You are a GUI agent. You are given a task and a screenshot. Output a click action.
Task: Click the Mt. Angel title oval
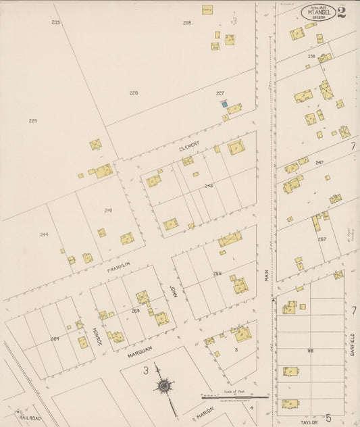318,12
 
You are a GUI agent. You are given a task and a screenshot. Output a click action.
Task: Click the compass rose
163,386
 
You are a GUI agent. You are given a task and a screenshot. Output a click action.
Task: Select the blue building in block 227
224,104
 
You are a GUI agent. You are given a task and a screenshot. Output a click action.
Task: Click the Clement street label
189,146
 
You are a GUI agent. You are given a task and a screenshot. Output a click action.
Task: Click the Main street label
266,274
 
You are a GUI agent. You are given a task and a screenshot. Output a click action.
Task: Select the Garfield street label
352,344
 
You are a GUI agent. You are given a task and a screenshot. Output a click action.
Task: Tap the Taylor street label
309,421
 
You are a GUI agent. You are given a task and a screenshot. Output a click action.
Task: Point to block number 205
55,23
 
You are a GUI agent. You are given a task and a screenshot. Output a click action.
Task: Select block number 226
134,93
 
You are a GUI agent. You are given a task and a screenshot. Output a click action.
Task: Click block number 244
44,234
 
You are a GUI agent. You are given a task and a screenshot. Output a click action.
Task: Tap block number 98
310,350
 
